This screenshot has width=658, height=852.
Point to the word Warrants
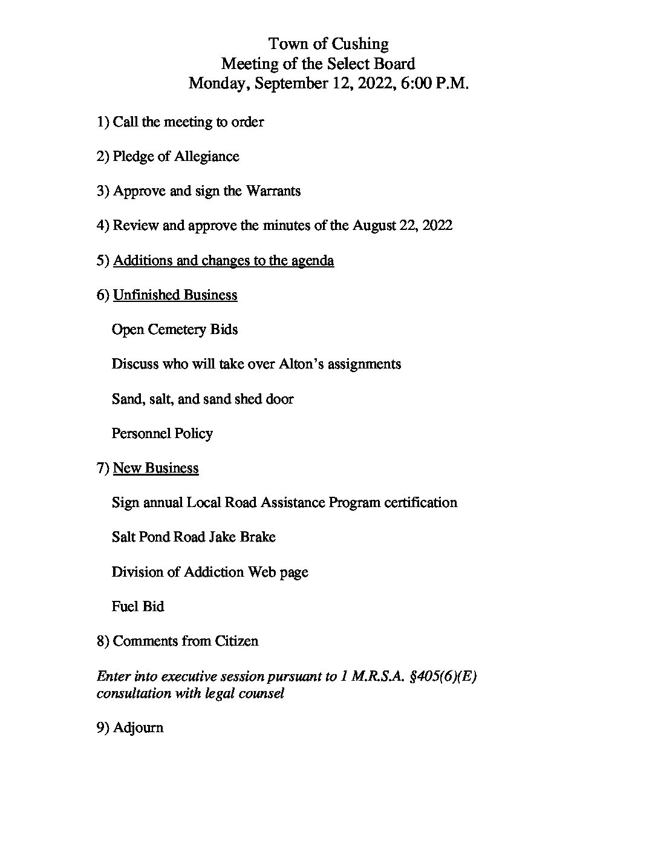tap(273, 191)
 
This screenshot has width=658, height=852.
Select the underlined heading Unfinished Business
tap(175, 295)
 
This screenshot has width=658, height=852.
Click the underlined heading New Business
tap(155, 468)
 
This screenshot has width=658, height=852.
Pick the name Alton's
tap(301, 364)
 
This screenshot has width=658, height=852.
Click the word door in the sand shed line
tap(280, 399)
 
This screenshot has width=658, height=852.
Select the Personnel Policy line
tap(162, 434)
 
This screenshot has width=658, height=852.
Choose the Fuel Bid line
tap(137, 607)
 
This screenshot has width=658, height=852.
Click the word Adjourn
tap(138, 728)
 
